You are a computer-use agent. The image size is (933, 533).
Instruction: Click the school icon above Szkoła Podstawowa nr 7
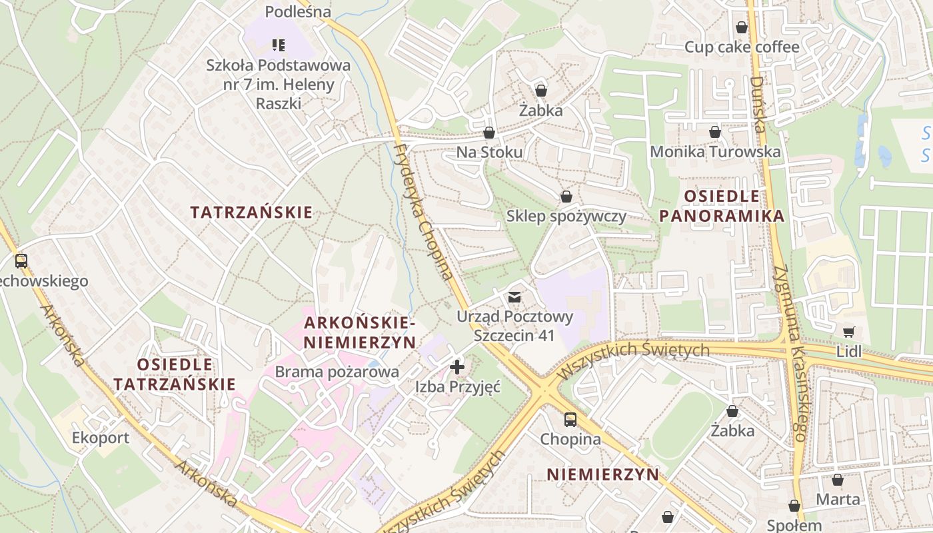[x=279, y=45]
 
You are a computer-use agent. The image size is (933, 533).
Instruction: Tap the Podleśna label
[x=298, y=12]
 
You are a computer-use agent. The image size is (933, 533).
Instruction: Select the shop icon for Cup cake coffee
[x=741, y=27]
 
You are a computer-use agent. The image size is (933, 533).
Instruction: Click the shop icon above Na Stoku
[x=489, y=133]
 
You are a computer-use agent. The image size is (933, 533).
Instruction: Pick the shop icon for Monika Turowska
[x=715, y=132]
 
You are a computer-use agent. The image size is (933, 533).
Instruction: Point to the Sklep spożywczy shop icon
[x=566, y=197]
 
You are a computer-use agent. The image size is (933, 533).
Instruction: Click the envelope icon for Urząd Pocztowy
[x=514, y=296]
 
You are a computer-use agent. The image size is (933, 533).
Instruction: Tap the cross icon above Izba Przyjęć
[x=457, y=366]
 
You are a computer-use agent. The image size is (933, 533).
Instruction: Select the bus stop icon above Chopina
[x=570, y=420]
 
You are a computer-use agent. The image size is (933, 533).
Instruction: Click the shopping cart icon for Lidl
[x=848, y=332]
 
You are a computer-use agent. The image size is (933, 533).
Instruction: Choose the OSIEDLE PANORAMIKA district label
[x=721, y=206]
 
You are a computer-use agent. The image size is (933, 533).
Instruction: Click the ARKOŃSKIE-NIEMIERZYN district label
[x=360, y=332]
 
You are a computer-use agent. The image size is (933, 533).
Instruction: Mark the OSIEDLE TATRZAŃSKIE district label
[x=175, y=374]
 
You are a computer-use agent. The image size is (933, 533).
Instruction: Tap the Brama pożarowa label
[x=337, y=372]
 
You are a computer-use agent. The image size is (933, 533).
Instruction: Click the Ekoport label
[x=101, y=438]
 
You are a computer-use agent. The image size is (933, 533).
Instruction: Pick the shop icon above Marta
[x=838, y=480]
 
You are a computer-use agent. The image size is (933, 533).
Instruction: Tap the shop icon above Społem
[x=794, y=506]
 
